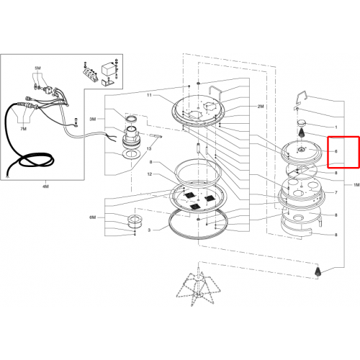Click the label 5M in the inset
(x=37, y=68)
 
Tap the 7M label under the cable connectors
(x=23, y=129)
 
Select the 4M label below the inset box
(x=45, y=186)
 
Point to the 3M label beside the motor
(x=93, y=119)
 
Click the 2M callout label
(x=261, y=107)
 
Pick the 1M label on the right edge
(x=356, y=185)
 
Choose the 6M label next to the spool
(x=93, y=217)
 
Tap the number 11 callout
(x=149, y=95)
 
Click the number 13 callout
(x=149, y=149)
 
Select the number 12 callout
(x=150, y=174)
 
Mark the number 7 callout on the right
(x=336, y=192)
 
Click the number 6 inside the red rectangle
(x=336, y=151)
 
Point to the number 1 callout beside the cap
(x=336, y=127)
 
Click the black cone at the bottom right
(x=318, y=271)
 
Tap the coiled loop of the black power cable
(x=36, y=161)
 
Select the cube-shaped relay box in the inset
(x=107, y=69)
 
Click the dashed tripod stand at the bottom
(x=198, y=286)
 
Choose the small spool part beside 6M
(x=134, y=222)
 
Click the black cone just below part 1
(x=301, y=132)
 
